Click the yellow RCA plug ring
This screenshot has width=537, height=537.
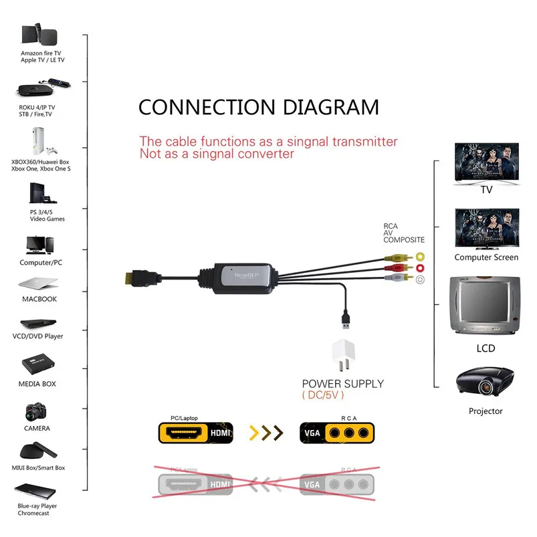[420, 256]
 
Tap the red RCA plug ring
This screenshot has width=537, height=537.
[420, 268]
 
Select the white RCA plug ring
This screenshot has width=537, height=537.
[420, 280]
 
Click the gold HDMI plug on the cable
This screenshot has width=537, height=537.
[135, 277]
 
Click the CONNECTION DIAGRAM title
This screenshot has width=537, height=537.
[258, 107]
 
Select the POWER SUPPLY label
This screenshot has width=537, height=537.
[343, 384]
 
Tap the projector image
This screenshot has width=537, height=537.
[485, 383]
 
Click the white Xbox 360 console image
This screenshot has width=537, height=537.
[33, 141]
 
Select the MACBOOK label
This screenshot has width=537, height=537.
[40, 299]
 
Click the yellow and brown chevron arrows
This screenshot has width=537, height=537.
[265, 433]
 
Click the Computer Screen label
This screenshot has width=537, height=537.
[486, 257]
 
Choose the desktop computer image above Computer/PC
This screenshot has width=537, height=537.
[37, 245]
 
